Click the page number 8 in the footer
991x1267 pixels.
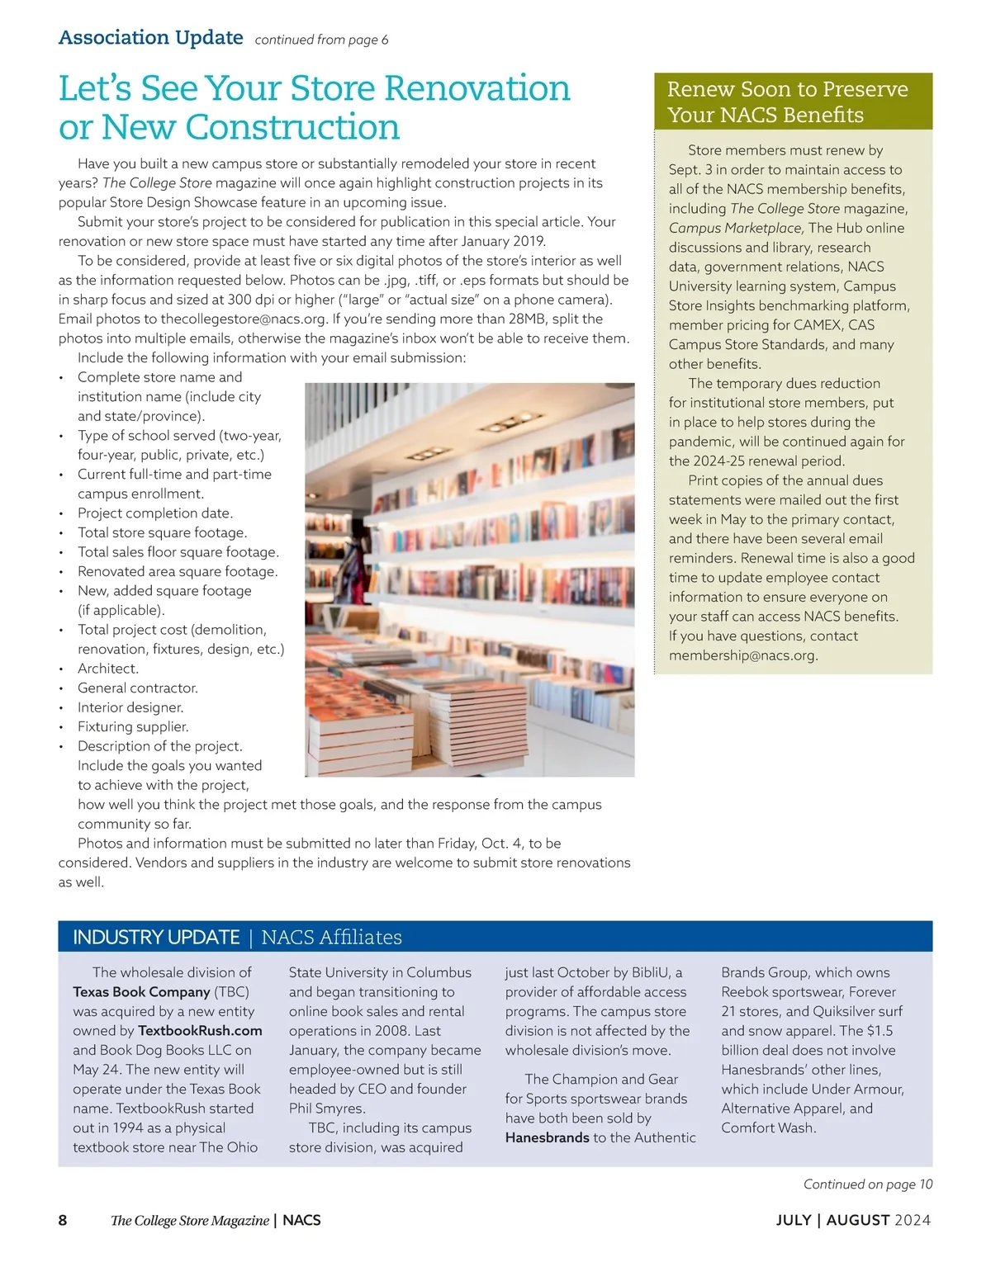point(63,1220)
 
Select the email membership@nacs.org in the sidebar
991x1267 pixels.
point(742,655)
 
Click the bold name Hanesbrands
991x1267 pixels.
point(547,1137)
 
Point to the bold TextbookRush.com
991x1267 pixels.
point(200,1031)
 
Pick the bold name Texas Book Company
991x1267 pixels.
point(141,992)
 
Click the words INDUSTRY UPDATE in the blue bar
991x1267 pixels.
point(156,938)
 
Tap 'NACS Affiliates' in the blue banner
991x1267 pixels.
point(331,938)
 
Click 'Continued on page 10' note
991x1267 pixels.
point(867,1184)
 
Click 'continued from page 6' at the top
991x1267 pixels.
point(321,40)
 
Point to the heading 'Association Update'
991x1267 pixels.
point(150,38)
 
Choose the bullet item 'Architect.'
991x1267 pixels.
point(108,669)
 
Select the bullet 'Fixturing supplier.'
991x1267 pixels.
point(133,726)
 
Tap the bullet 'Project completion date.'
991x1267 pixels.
point(155,513)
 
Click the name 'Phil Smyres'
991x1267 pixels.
point(325,1109)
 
